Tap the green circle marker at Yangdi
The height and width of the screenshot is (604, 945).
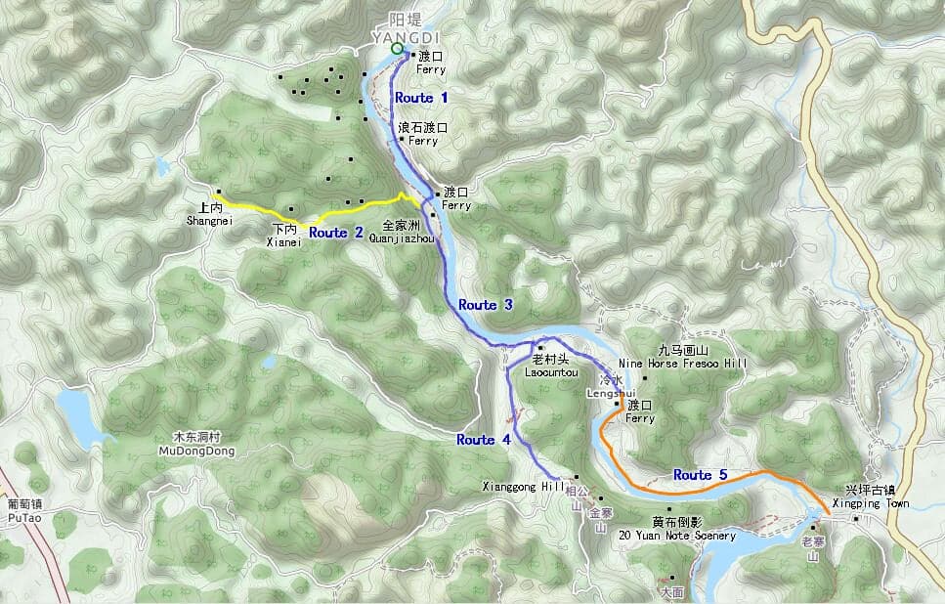pyautogui.click(x=396, y=48)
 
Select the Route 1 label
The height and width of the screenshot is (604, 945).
pyautogui.click(x=421, y=98)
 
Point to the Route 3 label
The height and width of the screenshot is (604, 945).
pyautogui.click(x=485, y=305)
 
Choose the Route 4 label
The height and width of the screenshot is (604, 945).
pyautogui.click(x=483, y=440)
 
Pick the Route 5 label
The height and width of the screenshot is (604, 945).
pyautogui.click(x=700, y=475)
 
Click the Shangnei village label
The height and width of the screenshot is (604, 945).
pyautogui.click(x=210, y=221)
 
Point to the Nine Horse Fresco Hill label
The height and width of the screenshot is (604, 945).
pyautogui.click(x=682, y=363)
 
